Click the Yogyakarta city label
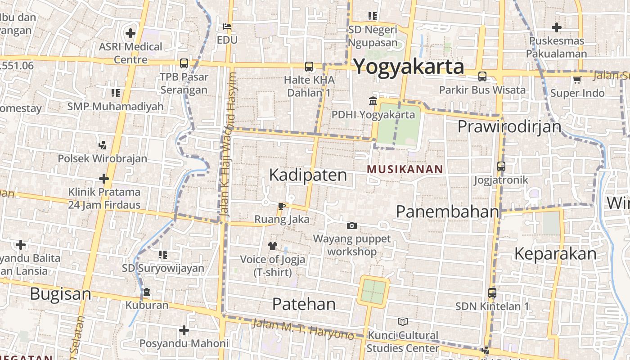tap(409, 67)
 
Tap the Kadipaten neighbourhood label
tap(308, 175)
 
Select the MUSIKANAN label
tap(405, 169)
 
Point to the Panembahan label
tap(447, 211)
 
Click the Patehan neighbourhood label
tap(304, 304)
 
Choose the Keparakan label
tap(555, 254)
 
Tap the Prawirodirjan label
tap(509, 126)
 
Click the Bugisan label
tap(60, 294)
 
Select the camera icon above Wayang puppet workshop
tap(352, 225)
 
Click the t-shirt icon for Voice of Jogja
tap(272, 246)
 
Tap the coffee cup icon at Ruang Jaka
tap(282, 207)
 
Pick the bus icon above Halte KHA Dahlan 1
tap(309, 67)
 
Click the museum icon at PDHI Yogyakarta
tap(373, 101)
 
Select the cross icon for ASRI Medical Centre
tap(130, 33)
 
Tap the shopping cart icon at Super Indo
tap(577, 80)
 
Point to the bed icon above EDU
tap(227, 27)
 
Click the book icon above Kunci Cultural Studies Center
tap(402, 322)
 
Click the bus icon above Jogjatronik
tap(501, 166)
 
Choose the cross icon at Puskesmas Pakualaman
tap(557, 27)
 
